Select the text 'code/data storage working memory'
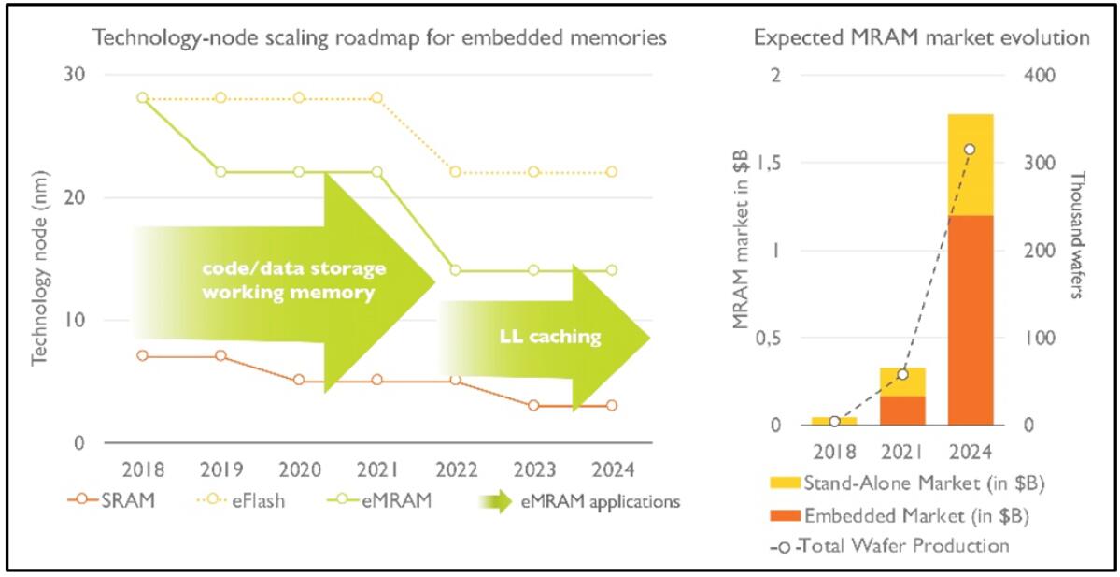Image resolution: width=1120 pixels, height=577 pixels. tap(295, 280)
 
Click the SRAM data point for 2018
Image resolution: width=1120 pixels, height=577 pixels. tap(142, 355)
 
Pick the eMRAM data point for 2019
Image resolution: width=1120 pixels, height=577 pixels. tap(220, 171)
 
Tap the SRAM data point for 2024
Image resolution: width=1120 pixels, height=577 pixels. tap(612, 405)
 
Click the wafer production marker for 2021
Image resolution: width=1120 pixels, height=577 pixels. tap(902, 374)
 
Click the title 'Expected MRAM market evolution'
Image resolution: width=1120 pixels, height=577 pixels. tap(922, 38)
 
